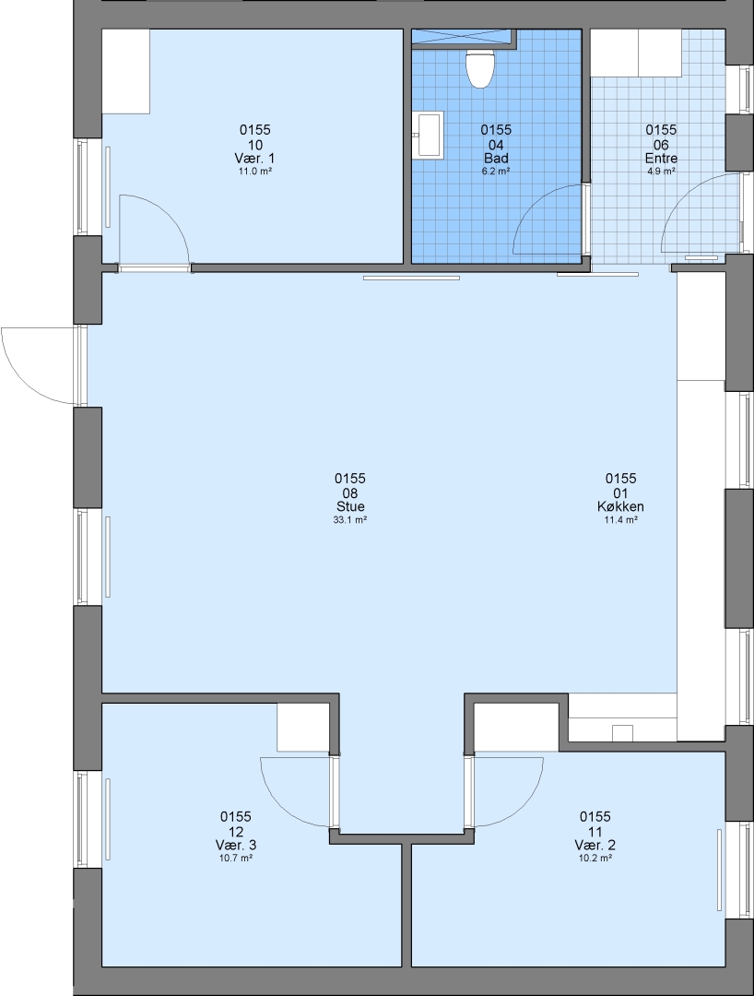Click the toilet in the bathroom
tap(480, 68)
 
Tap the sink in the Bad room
tap(428, 134)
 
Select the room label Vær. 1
tap(255, 159)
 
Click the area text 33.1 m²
tap(350, 519)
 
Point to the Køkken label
tap(620, 506)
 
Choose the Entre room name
tap(661, 159)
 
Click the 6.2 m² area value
tap(496, 171)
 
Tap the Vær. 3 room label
tap(236, 845)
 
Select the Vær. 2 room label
tap(595, 845)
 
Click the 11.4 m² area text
tap(620, 519)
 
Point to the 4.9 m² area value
tap(661, 171)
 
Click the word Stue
tap(350, 506)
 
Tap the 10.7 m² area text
tap(236, 858)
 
